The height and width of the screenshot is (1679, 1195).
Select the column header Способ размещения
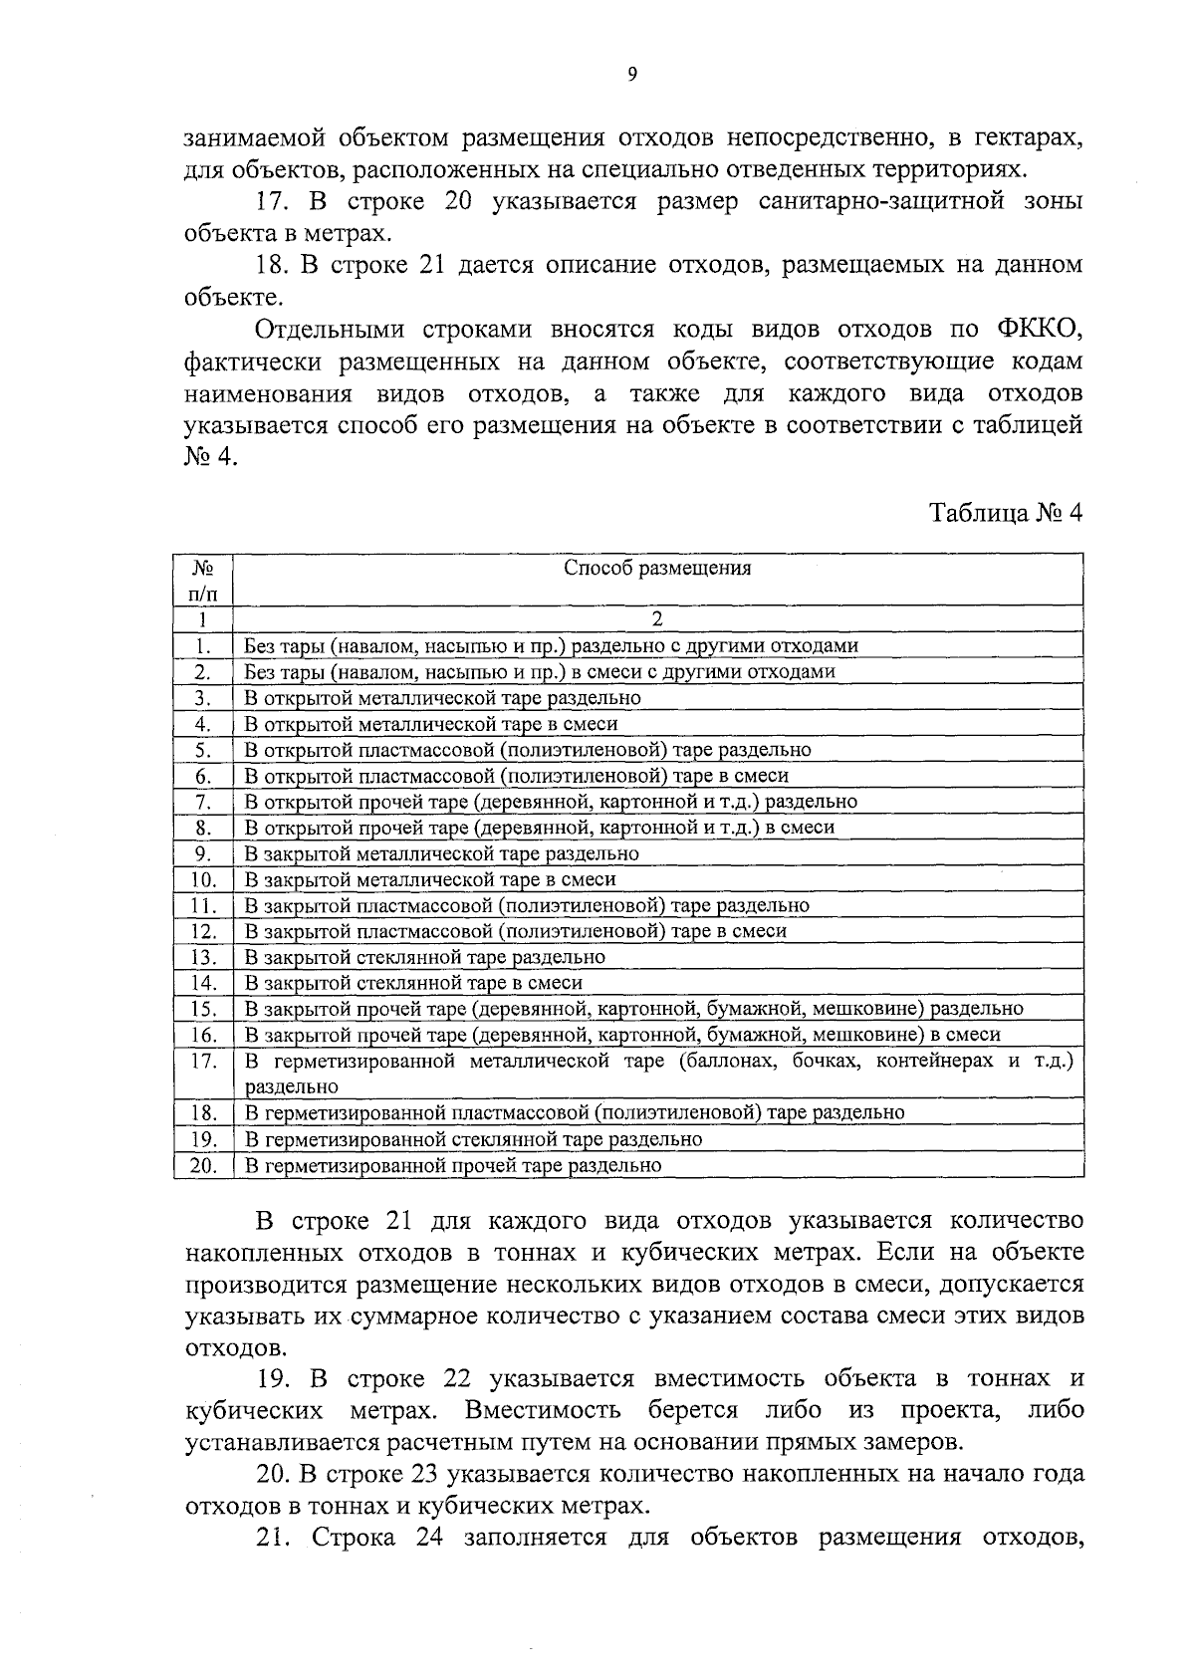point(657,569)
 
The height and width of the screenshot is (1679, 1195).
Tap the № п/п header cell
point(203,581)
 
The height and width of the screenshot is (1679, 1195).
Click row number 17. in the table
point(204,1061)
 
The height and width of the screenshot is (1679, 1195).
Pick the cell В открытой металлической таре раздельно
point(443,698)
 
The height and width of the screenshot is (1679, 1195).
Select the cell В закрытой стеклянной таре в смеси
point(413,983)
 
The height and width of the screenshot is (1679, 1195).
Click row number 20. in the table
point(204,1165)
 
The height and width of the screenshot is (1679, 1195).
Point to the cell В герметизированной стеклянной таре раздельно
point(474,1139)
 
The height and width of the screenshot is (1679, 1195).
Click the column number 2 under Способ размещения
point(657,619)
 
